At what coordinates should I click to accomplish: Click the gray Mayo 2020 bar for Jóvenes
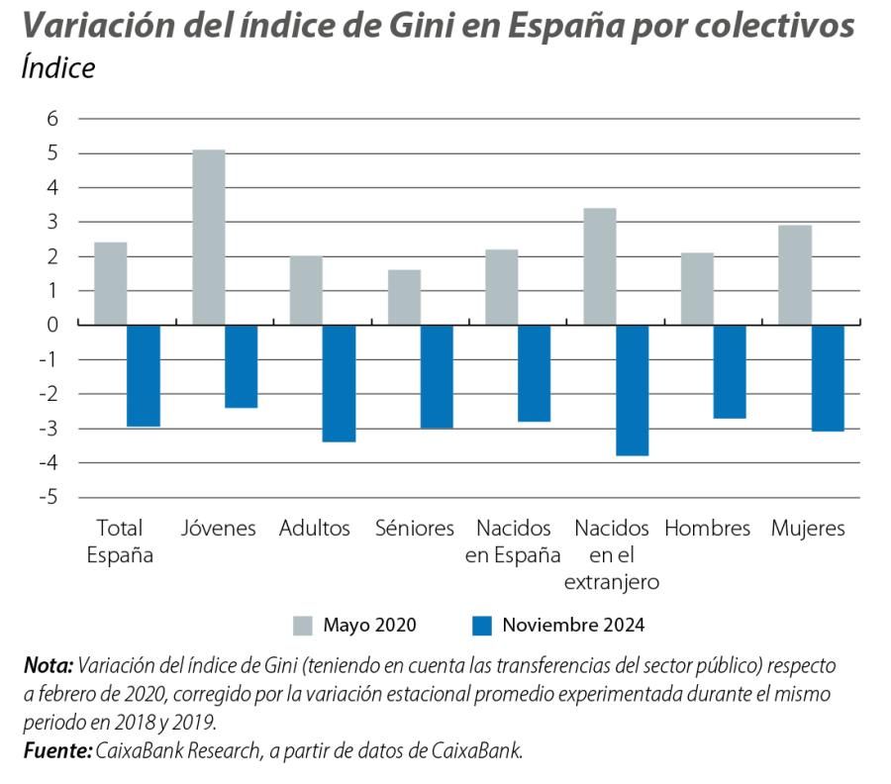[x=208, y=237]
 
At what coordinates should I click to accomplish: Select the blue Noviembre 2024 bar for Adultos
[x=339, y=382]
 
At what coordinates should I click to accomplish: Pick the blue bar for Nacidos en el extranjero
[x=632, y=389]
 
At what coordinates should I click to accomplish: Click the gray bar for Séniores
[x=404, y=296]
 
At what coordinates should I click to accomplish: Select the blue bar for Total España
[x=144, y=375]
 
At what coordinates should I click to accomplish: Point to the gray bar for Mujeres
[x=795, y=274]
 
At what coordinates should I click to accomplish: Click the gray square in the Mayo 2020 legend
[x=302, y=625]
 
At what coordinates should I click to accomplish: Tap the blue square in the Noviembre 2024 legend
[x=481, y=625]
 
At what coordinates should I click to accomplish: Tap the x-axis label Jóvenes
[x=218, y=529]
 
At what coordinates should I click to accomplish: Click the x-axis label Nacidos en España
[x=513, y=541]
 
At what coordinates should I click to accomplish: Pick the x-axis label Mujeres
[x=808, y=529]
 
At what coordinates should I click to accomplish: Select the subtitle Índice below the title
[x=57, y=68]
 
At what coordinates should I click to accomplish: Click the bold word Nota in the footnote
[x=48, y=664]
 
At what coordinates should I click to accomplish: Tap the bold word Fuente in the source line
[x=56, y=750]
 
